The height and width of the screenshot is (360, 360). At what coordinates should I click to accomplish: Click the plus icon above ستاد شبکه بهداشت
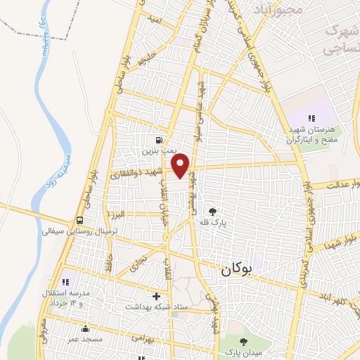[156, 296]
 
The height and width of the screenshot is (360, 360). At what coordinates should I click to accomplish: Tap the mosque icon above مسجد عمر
[86, 328]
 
